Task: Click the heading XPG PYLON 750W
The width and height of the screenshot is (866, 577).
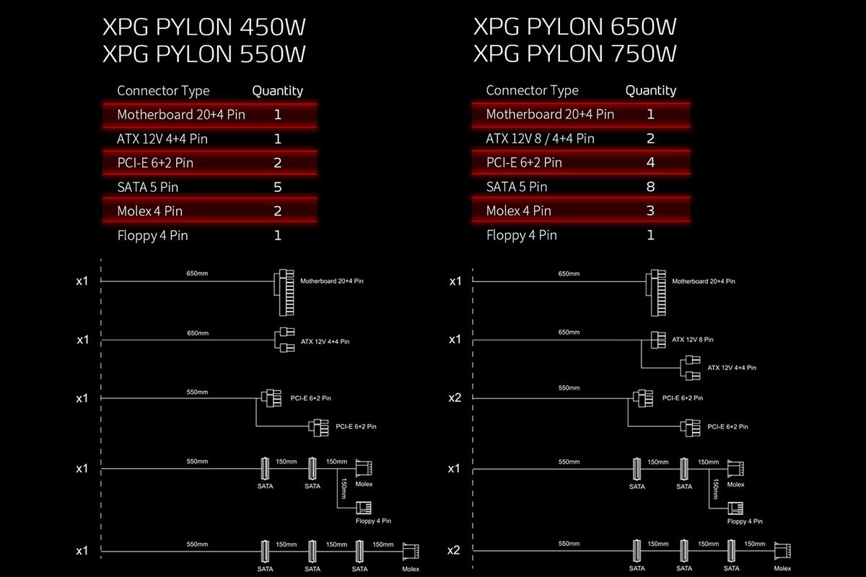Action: point(575,54)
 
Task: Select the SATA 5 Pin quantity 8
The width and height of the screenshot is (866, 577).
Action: point(650,187)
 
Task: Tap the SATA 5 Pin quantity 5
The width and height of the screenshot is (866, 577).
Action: point(278,187)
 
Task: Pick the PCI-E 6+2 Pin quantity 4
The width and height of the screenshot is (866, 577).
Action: point(650,162)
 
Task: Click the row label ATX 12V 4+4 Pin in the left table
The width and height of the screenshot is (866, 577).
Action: point(157,138)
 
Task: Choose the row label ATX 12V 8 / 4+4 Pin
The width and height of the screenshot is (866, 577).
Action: point(540,138)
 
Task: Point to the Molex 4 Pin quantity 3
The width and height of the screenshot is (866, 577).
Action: point(650,211)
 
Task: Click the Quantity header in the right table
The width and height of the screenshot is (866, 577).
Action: point(650,90)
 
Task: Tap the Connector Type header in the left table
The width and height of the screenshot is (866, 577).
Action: point(163,90)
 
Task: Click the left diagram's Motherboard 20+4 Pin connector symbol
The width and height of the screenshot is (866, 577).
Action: point(285,293)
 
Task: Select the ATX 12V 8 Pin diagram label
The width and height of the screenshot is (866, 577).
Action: point(692,339)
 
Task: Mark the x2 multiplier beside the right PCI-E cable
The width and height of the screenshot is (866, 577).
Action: point(455,397)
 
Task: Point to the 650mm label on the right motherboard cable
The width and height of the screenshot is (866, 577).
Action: point(569,274)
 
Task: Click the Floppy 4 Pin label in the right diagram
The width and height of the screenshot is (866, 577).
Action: point(745,521)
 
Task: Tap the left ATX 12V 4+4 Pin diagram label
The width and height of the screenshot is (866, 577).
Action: point(324,341)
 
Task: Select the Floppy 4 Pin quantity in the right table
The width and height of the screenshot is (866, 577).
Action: point(650,235)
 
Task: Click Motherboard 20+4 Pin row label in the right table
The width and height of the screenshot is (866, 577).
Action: point(550,114)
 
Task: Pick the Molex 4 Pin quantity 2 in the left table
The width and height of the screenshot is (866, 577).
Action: point(278,211)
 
